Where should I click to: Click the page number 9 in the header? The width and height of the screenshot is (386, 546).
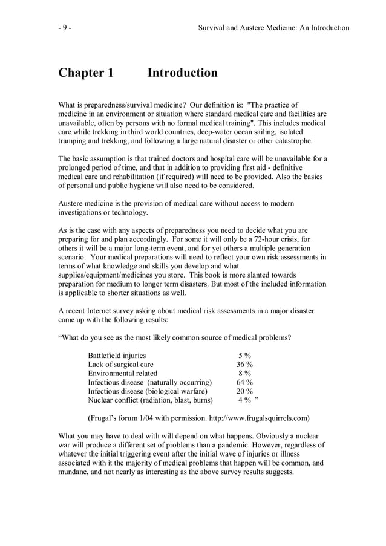[64, 27]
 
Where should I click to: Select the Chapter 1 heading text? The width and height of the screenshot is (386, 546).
[85, 73]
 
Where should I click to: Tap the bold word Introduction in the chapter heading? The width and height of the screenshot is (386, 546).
[182, 73]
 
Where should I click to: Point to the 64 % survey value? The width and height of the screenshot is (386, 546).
[244, 382]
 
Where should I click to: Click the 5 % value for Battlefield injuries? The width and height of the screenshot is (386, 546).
[245, 356]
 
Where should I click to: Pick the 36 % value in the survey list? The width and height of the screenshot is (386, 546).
[244, 365]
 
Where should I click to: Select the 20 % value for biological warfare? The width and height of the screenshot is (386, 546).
[244, 391]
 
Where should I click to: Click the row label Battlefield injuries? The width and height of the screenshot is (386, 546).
[117, 356]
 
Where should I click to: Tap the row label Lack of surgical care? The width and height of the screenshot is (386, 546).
[120, 365]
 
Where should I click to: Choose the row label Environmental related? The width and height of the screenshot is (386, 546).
[122, 374]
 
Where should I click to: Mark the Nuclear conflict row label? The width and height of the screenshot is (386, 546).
[150, 400]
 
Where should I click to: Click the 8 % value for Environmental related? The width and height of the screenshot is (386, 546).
[245, 374]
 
